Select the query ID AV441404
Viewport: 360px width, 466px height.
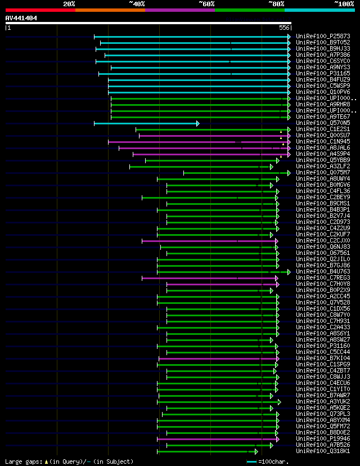21,18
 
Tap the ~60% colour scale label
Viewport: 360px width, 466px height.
206,4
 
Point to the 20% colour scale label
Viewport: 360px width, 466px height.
69,4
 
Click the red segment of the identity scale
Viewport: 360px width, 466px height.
40,10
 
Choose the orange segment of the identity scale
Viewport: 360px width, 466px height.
110,10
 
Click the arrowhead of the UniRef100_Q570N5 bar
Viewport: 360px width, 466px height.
197,123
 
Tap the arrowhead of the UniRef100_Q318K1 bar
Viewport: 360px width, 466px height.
256,451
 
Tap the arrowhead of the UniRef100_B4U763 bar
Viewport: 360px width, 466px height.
289,272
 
